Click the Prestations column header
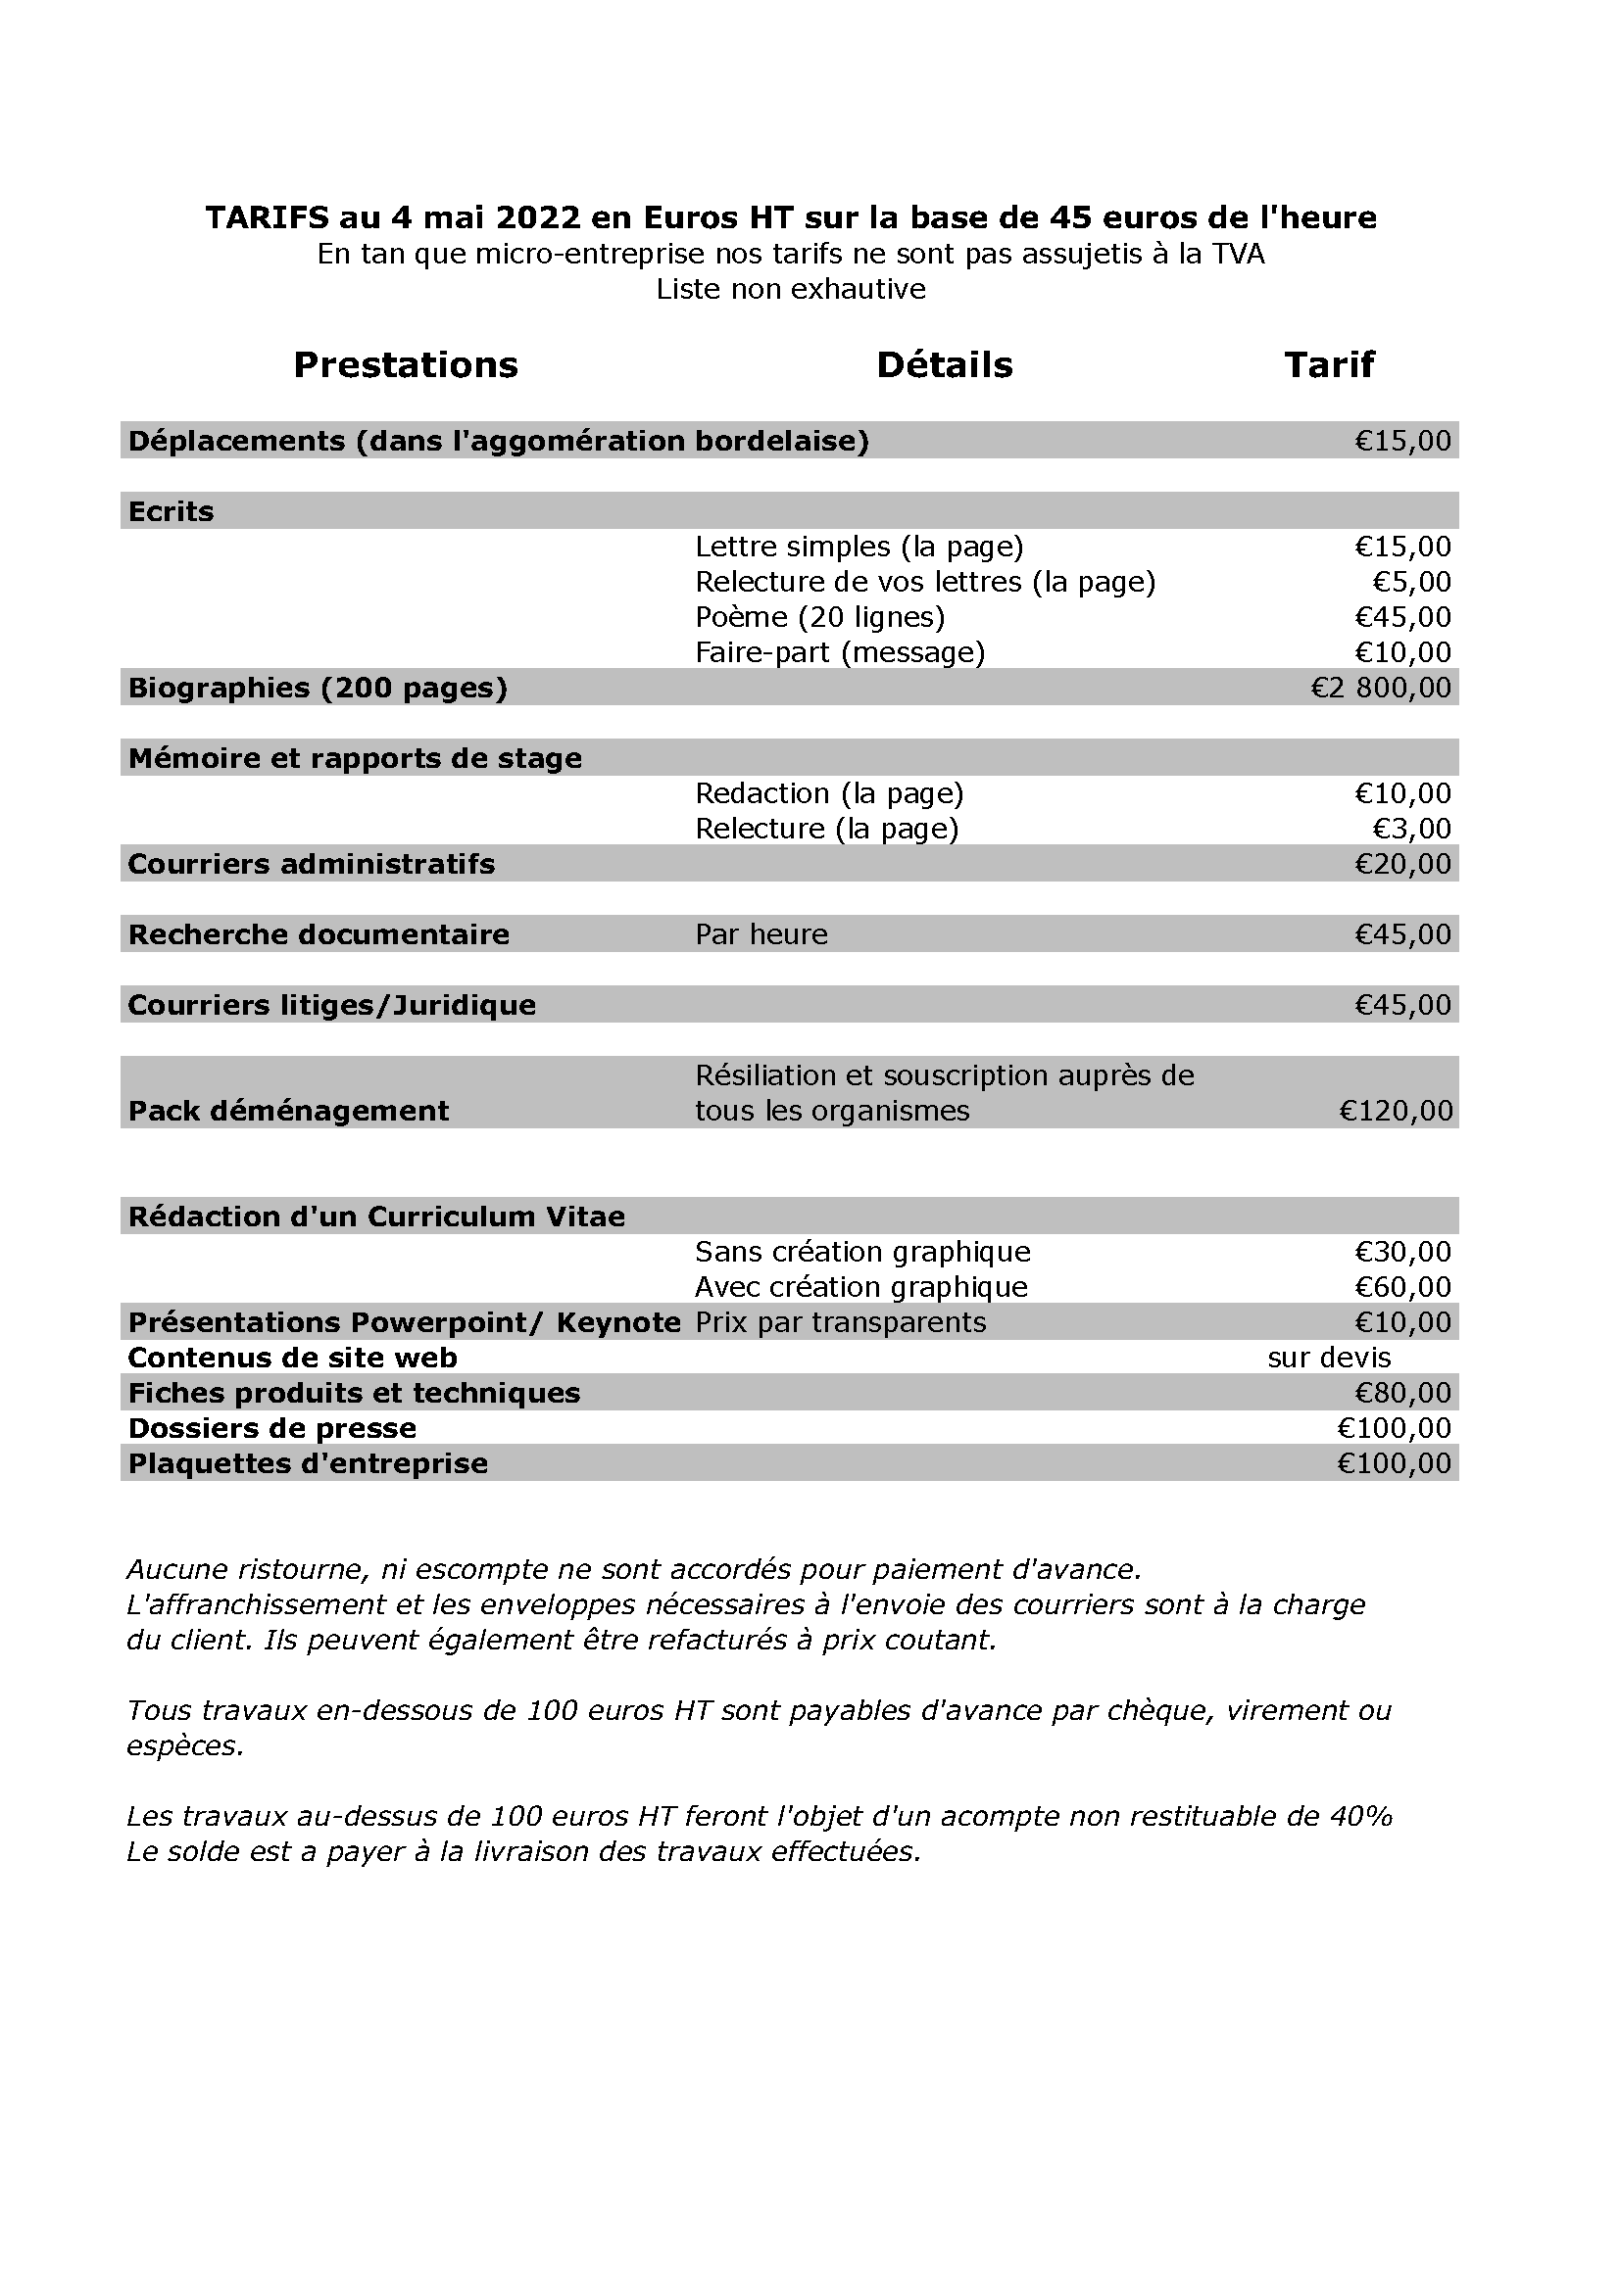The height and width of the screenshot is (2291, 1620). (x=406, y=365)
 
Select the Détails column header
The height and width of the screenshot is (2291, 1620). (x=944, y=365)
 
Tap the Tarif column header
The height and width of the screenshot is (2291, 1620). (x=1329, y=365)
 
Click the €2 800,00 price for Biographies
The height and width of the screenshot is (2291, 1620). (x=1381, y=688)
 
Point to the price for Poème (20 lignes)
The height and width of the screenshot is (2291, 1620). (x=1402, y=618)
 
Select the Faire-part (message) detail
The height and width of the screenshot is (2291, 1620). (x=840, y=652)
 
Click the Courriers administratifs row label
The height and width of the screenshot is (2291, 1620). (x=312, y=864)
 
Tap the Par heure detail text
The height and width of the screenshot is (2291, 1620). (x=761, y=935)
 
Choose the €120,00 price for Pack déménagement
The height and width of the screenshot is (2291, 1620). (x=1396, y=1111)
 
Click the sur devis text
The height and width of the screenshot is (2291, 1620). (x=1329, y=1358)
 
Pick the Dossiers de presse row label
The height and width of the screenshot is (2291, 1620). (x=272, y=1429)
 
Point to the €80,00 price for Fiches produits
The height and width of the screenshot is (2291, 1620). (x=1402, y=1393)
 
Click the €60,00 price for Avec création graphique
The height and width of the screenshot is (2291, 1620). (x=1402, y=1287)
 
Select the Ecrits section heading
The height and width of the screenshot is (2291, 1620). (x=171, y=512)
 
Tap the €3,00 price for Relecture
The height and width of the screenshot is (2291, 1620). (x=1411, y=830)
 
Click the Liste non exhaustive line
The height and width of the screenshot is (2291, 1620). (x=791, y=289)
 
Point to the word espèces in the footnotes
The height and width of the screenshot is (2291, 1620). (x=184, y=1746)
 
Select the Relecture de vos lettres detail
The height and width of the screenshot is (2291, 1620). (x=925, y=582)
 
